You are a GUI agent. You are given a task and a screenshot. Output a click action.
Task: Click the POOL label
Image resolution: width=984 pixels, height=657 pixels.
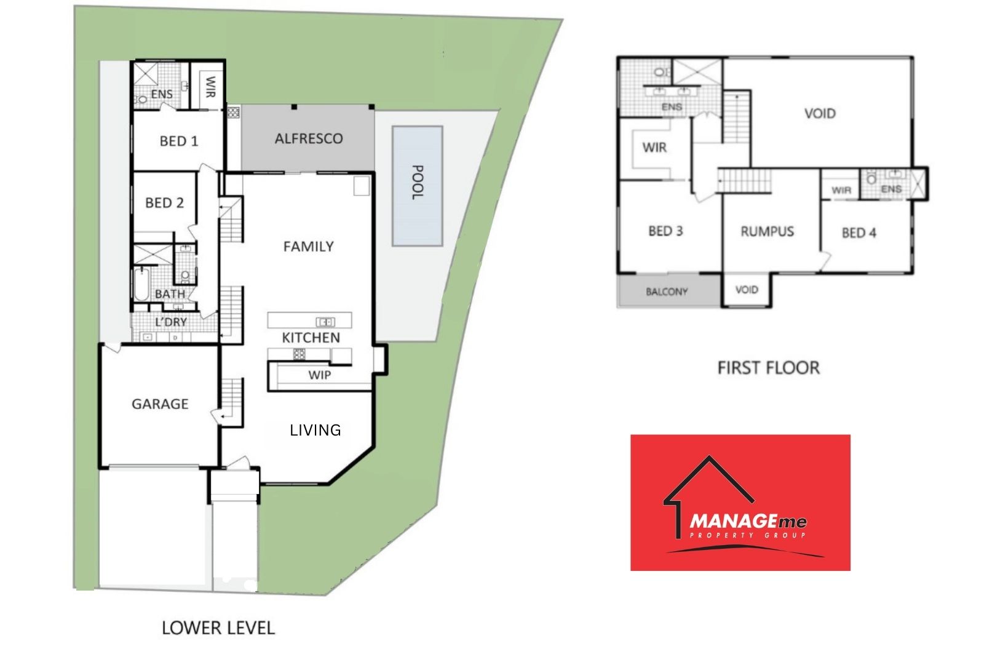tap(417, 182)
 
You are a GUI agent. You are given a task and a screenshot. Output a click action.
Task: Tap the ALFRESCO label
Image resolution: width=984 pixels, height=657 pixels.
tap(309, 138)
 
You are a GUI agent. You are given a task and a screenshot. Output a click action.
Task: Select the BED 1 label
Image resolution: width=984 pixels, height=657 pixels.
tap(179, 141)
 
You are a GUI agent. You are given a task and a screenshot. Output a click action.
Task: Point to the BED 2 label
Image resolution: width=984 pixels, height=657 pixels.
tap(164, 202)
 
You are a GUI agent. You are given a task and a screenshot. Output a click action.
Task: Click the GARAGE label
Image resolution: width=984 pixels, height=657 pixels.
tap(160, 404)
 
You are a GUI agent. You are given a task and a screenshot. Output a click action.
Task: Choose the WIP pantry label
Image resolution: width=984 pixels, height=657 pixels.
tap(320, 375)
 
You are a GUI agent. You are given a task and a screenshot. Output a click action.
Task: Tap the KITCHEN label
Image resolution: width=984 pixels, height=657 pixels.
tap(311, 337)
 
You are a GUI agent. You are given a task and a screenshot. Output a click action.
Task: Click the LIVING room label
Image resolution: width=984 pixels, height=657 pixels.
tap(315, 429)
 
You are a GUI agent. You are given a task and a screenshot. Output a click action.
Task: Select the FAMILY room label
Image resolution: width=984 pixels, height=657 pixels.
tap(308, 246)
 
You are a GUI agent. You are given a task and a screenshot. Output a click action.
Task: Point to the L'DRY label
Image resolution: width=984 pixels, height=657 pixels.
tap(171, 322)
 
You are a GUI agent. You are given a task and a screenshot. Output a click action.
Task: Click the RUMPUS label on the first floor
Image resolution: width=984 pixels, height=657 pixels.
tap(767, 231)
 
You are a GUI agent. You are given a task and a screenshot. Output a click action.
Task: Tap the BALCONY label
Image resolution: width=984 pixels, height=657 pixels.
tap(667, 292)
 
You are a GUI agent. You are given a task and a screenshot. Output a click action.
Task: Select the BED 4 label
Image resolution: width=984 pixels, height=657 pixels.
tap(859, 233)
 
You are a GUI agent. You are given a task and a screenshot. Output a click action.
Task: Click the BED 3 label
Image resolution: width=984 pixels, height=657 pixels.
tap(665, 231)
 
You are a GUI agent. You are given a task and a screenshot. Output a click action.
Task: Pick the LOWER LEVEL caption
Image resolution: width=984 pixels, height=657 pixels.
tap(218, 627)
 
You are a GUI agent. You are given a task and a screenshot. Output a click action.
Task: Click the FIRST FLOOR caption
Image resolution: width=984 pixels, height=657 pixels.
tap(768, 367)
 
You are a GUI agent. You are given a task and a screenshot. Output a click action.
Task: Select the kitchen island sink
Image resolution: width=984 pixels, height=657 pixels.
tap(325, 321)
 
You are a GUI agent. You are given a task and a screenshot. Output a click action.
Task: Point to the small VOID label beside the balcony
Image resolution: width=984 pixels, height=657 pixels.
tap(747, 290)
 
